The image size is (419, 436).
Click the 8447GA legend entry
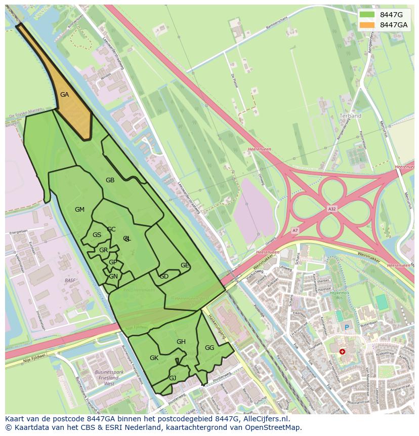coord(385,25)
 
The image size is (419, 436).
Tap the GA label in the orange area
coord(64,95)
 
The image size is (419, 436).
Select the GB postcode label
coord(110,180)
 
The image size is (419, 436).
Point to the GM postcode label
coord(79,210)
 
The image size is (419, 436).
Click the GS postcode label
coord(97,235)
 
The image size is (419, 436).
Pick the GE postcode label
coord(185,265)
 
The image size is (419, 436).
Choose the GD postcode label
coord(164,276)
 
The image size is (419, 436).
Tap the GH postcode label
coord(181,342)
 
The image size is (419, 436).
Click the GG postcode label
coord(209,348)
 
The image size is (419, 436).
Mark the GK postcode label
coord(154,358)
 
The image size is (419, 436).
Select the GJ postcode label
coord(173,378)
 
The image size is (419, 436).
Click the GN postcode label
coord(113,276)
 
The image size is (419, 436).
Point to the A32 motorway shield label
coord(331,209)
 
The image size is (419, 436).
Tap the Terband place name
coord(350,116)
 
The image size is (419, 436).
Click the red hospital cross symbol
coord(343,351)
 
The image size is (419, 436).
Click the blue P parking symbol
coord(347,328)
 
